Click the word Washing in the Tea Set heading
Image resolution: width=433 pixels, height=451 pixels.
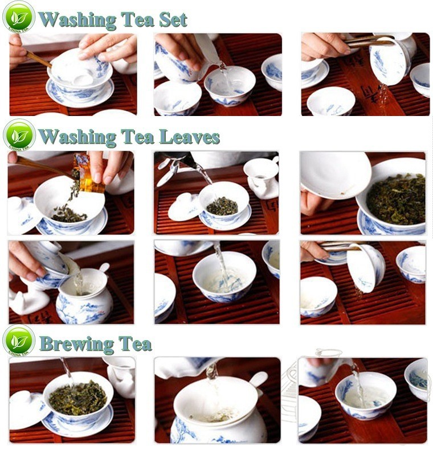[77, 20]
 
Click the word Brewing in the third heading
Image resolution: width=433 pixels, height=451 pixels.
[77, 344]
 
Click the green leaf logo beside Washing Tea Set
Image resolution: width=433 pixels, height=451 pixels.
[19, 17]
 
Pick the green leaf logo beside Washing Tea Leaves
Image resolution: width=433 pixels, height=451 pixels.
[19, 135]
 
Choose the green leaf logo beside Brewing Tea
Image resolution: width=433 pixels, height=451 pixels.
[19, 341]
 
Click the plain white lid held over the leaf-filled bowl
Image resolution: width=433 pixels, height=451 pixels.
[336, 175]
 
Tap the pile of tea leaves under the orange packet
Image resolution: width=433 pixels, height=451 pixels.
[68, 214]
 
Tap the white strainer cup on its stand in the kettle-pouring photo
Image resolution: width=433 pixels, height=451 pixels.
[261, 177]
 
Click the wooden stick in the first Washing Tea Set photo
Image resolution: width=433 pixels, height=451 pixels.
[39, 59]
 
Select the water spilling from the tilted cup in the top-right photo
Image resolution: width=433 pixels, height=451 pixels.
[383, 95]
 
